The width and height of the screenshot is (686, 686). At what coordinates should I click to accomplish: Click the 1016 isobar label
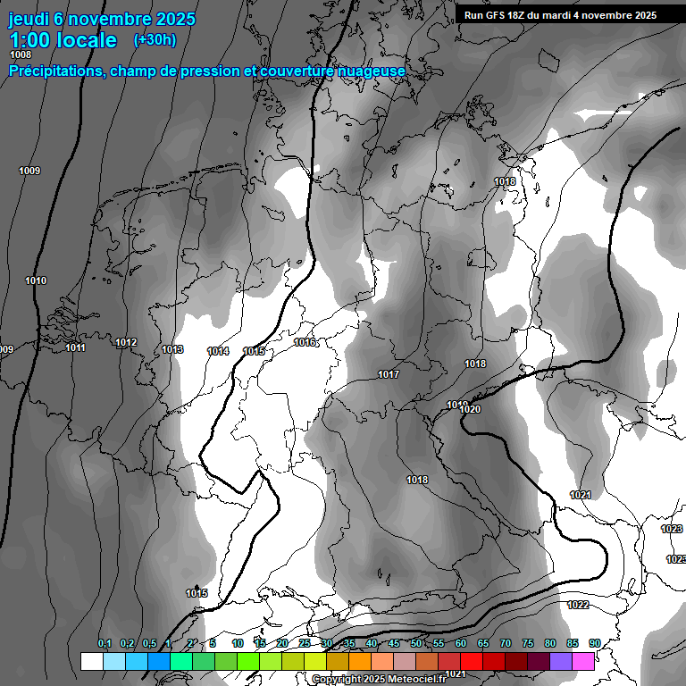point(305,342)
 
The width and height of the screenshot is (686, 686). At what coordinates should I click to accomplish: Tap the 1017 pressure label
point(389,374)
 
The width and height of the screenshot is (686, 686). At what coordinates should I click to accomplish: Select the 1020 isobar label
point(471,409)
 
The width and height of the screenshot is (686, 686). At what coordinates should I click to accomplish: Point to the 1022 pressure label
point(578,605)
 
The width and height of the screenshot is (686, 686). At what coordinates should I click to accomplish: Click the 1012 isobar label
point(126,342)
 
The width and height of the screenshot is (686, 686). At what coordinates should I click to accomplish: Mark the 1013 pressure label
point(172,349)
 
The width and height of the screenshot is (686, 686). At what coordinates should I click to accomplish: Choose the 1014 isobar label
point(218,351)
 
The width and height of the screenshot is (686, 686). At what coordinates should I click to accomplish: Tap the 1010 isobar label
point(36,280)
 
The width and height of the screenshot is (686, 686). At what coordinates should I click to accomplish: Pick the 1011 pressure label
point(75,347)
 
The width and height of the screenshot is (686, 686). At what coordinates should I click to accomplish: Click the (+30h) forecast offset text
point(155,39)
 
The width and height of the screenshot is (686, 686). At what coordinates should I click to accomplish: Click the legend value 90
point(595,643)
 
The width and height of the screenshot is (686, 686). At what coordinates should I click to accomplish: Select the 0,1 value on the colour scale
point(105,643)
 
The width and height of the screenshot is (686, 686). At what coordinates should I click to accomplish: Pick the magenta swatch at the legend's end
point(584,661)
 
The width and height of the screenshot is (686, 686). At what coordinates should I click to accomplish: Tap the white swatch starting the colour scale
point(91,661)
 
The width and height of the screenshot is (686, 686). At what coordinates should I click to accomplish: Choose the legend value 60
point(461,643)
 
